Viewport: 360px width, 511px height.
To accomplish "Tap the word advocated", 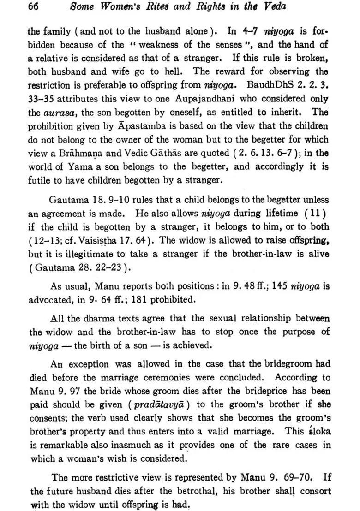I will coord(50,299).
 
